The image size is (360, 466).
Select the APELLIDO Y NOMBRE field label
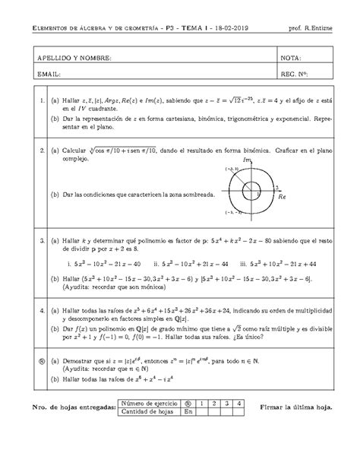(x=68, y=59)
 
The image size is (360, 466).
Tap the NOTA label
(x=292, y=59)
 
